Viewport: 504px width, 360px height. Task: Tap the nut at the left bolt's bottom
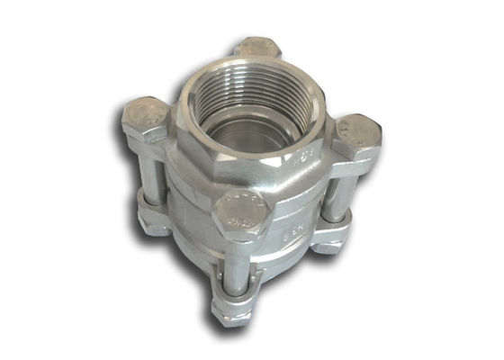tap(155, 220)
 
